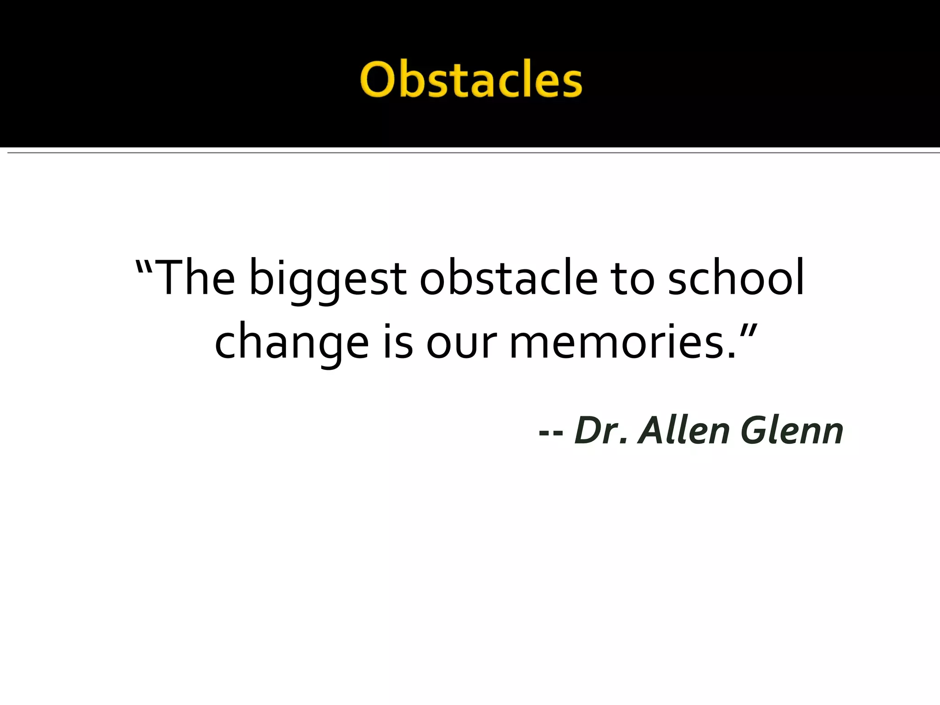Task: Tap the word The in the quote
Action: tap(196, 278)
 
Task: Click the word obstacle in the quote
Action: tap(509, 278)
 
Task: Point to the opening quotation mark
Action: tap(144, 266)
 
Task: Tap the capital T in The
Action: tap(170, 277)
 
